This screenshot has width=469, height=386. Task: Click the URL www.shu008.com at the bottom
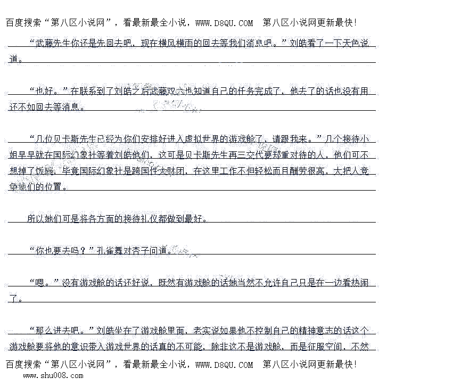click(x=53, y=375)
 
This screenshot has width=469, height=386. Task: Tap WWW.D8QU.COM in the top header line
click(x=224, y=23)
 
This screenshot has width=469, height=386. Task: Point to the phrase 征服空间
click(x=325, y=347)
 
